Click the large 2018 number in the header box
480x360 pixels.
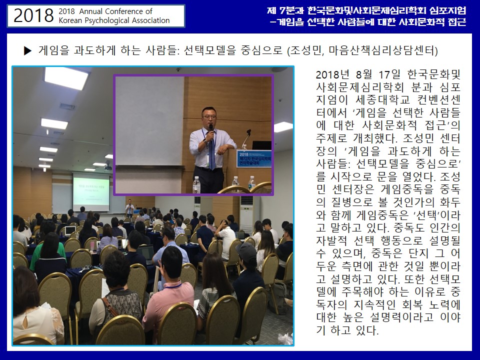point(33,15)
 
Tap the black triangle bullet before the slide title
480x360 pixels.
point(28,50)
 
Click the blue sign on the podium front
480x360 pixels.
point(254,158)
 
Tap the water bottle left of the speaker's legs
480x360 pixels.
point(196,184)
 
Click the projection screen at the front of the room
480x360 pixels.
point(91,192)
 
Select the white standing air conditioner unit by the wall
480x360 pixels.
point(246,214)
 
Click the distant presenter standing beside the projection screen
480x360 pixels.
point(130,208)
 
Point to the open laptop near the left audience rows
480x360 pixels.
point(70,230)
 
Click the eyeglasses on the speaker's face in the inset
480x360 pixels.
point(209,117)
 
